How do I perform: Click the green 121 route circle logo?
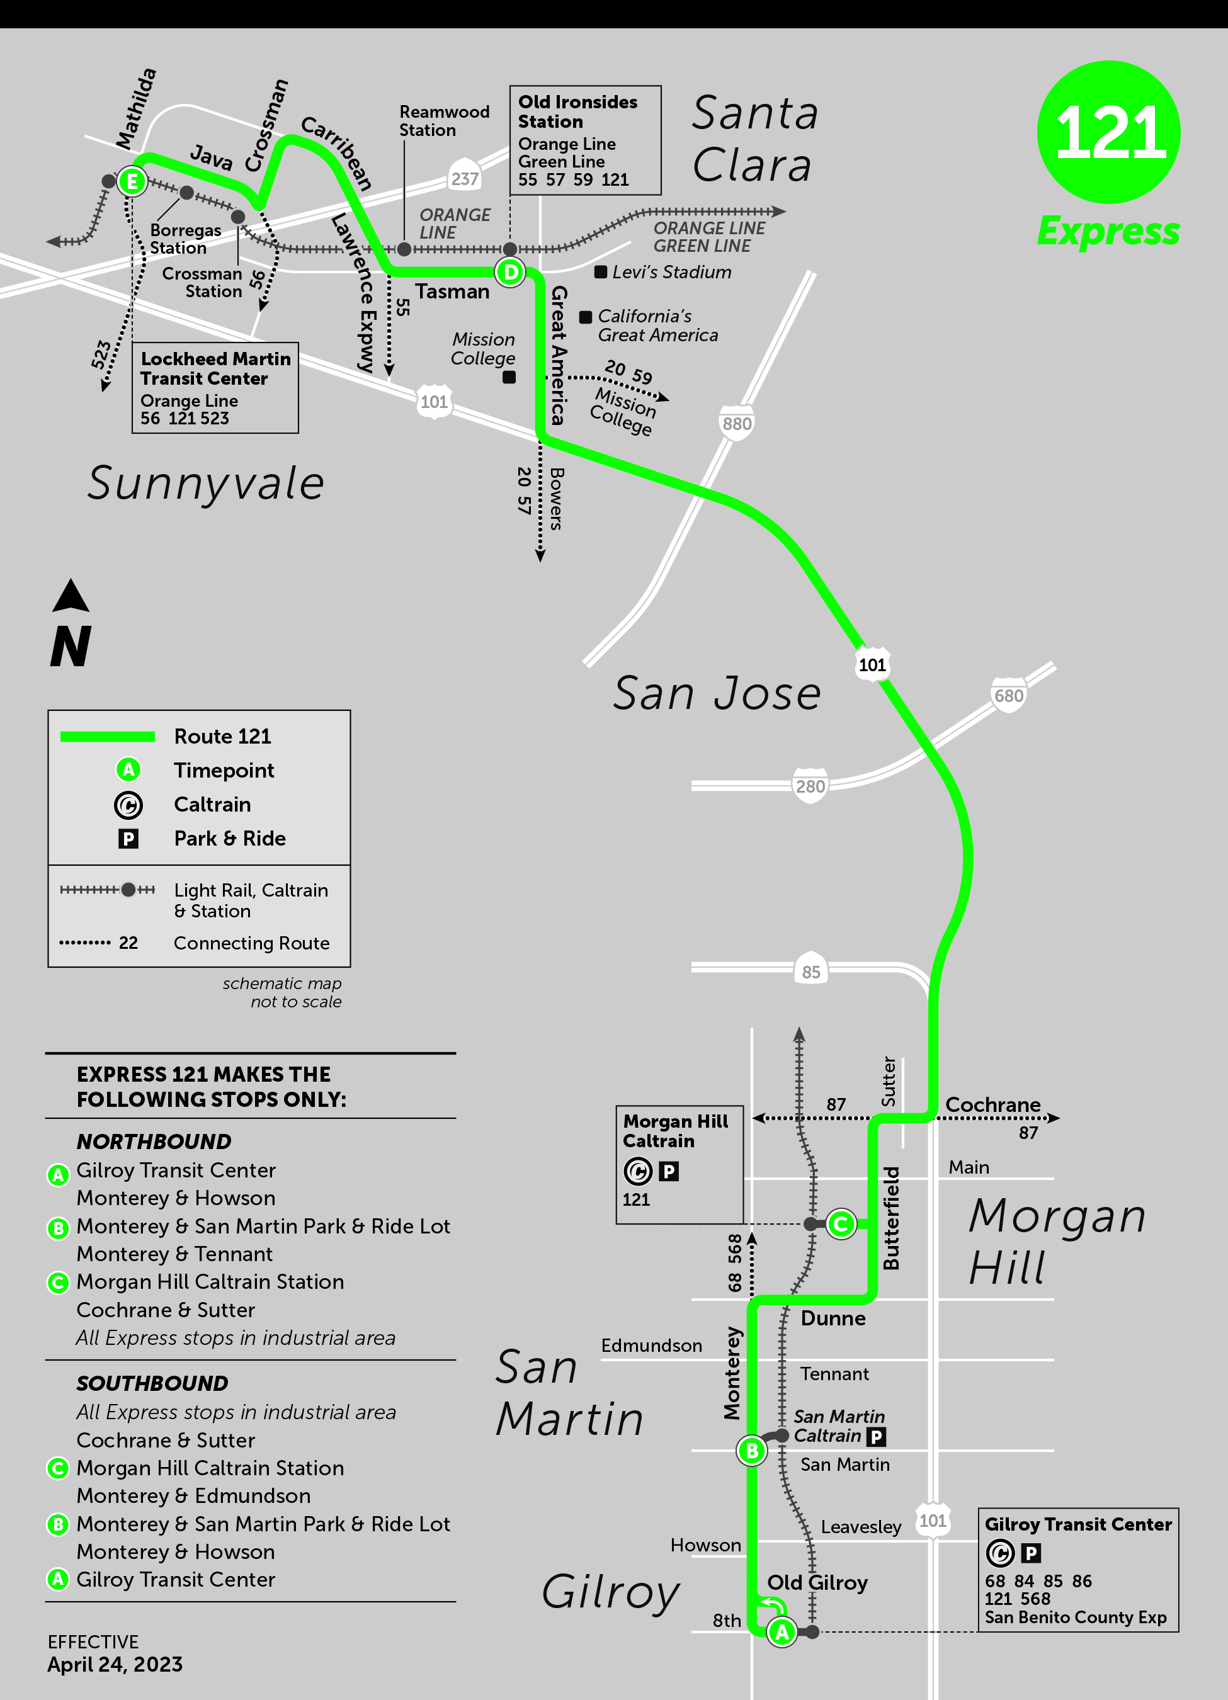[x=1108, y=132]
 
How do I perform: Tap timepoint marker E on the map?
[x=132, y=181]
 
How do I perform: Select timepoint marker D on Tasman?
[x=511, y=272]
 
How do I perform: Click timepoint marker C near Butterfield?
[x=841, y=1224]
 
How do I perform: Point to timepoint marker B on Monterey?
[x=751, y=1451]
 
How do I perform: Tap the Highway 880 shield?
[x=736, y=424]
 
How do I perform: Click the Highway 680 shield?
[x=1008, y=696]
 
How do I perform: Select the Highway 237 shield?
[x=464, y=178]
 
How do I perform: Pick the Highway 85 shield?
[x=810, y=972]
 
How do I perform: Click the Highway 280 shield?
[x=810, y=786]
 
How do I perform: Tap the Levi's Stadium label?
[x=671, y=272]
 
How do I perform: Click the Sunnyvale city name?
[x=206, y=483]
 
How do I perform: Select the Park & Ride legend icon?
[x=128, y=839]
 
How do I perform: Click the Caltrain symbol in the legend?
[x=128, y=805]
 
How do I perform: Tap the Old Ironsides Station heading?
[x=577, y=111]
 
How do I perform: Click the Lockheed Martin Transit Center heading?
[x=215, y=369]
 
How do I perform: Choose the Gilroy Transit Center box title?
[x=1077, y=1524]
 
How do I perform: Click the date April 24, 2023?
[x=115, y=1665]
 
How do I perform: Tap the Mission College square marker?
[x=509, y=377]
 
